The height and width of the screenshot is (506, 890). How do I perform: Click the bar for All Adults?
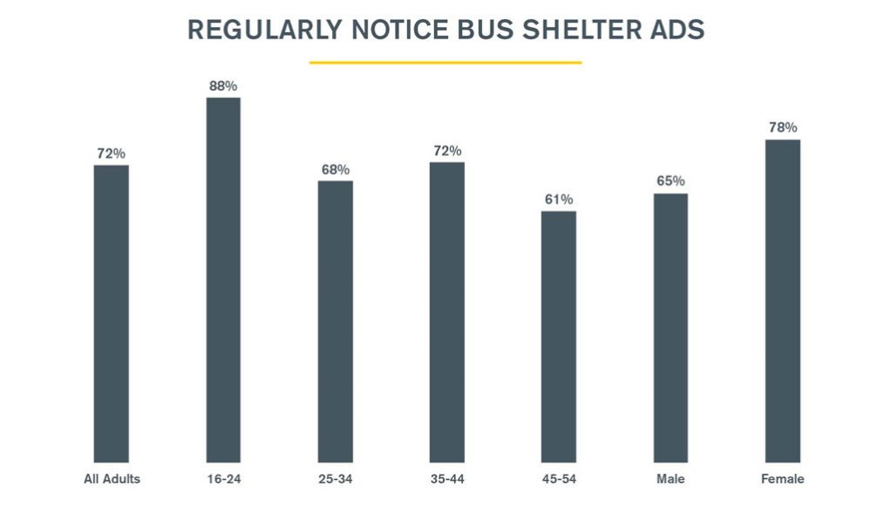[x=112, y=313]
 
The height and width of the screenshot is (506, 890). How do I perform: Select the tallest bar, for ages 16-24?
[x=223, y=279]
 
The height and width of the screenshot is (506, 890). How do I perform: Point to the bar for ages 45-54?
[x=559, y=336]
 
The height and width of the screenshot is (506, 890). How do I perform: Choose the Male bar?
[x=670, y=327]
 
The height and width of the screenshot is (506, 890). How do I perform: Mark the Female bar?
[x=782, y=300]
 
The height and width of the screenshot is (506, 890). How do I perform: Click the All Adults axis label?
[x=112, y=479]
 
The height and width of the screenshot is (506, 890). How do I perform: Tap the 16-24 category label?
[x=223, y=479]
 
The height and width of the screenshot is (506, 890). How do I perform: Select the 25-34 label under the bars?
[x=335, y=479]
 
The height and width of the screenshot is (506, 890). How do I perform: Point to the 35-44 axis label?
[x=447, y=479]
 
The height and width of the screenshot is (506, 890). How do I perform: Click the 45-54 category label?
[x=559, y=479]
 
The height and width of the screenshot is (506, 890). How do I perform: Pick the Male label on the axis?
[x=670, y=479]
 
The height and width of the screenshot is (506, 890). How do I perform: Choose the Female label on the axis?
[x=782, y=479]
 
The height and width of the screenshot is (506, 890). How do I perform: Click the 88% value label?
[x=223, y=85]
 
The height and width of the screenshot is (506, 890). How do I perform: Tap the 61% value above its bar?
[x=559, y=199]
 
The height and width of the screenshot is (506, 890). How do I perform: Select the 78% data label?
[x=782, y=127]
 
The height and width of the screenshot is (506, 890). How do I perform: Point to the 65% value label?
[x=670, y=181]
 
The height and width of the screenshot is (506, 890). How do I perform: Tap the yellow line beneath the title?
[x=445, y=63]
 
